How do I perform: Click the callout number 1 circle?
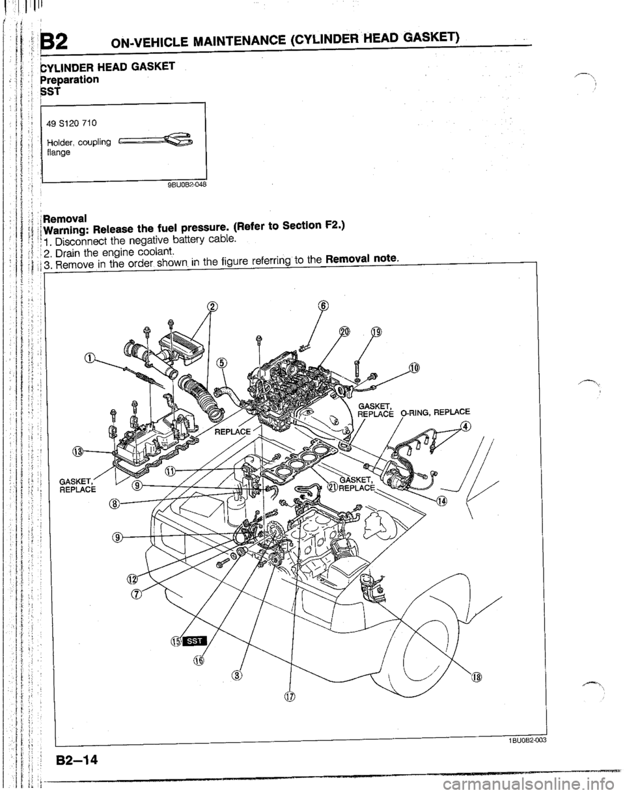coord(90,357)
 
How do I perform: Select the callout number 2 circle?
coord(210,307)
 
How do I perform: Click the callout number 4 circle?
coord(464,426)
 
